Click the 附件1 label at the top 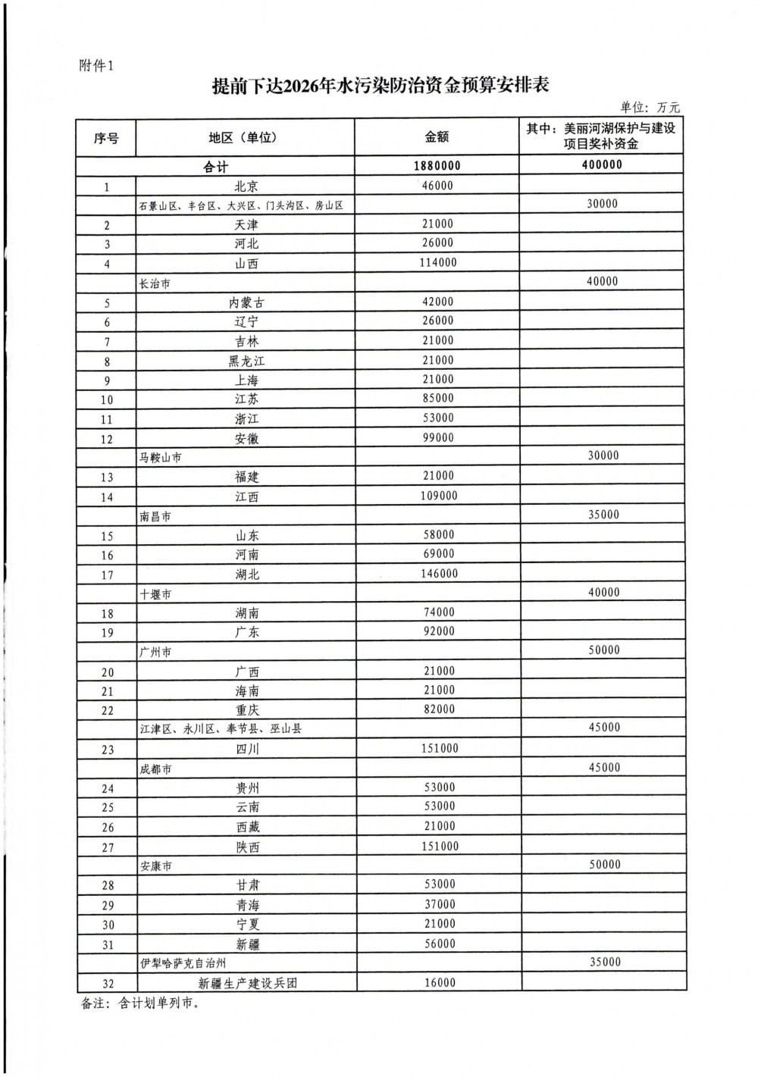click(96, 66)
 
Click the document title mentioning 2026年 click(380, 86)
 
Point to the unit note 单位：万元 click(650, 108)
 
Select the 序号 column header click(106, 138)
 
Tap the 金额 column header click(437, 136)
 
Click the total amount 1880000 click(437, 166)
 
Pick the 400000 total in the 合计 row click(602, 164)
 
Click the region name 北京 click(246, 186)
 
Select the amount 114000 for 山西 click(439, 263)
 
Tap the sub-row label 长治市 click(155, 283)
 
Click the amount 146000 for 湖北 click(440, 574)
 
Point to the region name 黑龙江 click(246, 361)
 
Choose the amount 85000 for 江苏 click(438, 398)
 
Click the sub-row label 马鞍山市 click(160, 458)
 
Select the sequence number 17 click(107, 575)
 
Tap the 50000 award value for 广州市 click(603, 650)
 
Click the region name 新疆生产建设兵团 click(248, 983)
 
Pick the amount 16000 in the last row click(440, 982)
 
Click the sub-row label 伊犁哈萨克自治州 click(183, 963)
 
